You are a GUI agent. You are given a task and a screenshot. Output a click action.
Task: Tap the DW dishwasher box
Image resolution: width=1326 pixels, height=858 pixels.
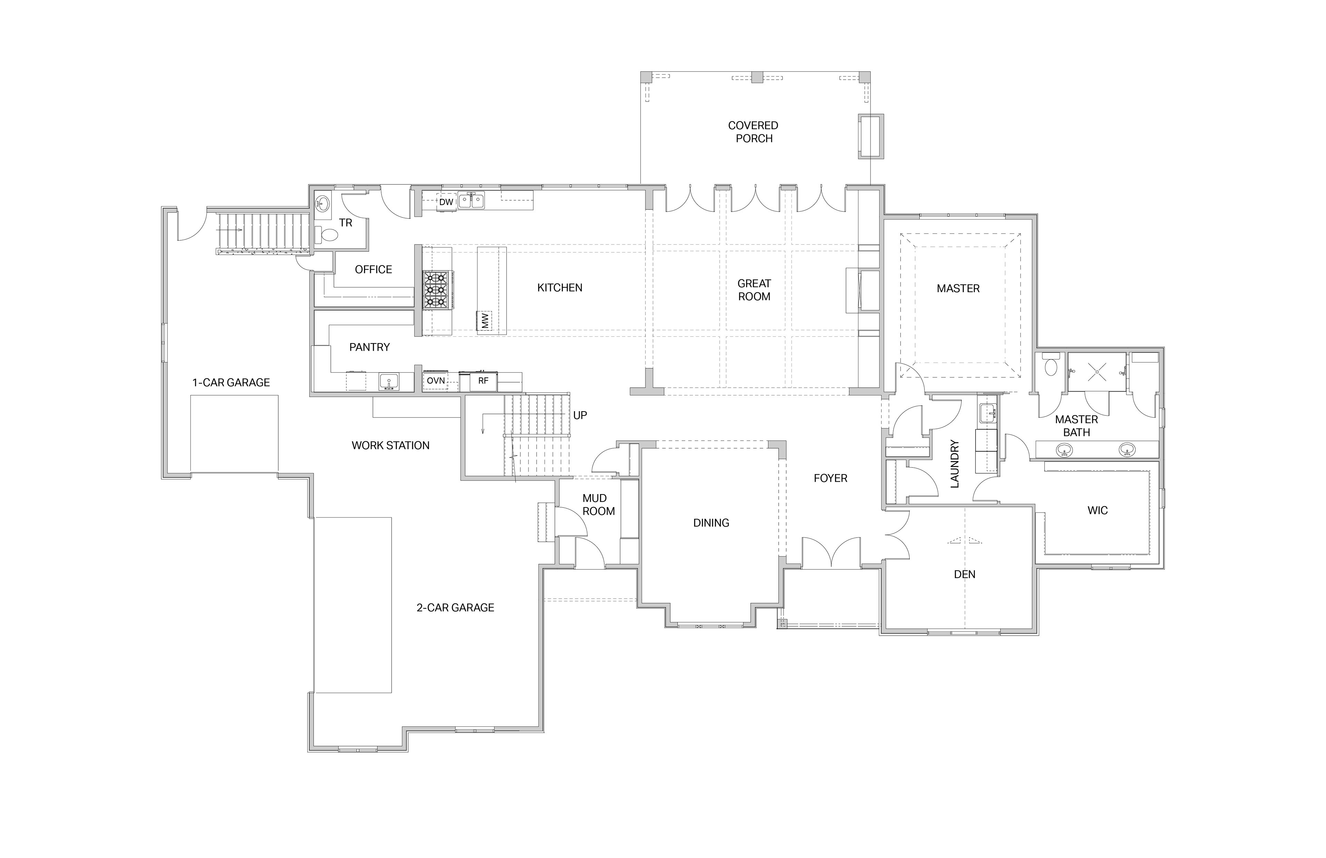coord(446,202)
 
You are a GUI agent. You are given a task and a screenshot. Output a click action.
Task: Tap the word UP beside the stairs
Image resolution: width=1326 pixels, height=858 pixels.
coord(580,415)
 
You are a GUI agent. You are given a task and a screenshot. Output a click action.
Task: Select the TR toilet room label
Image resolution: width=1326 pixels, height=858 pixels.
coord(345,223)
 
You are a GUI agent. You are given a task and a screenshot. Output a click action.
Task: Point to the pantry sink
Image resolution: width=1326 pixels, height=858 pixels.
coord(389,382)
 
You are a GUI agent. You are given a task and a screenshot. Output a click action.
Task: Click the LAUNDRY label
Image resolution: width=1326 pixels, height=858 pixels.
coord(954,464)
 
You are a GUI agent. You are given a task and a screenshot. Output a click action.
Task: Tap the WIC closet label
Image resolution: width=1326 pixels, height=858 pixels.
coord(1097,510)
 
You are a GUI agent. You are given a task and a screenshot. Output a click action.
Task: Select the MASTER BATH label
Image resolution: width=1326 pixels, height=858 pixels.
coord(1076,426)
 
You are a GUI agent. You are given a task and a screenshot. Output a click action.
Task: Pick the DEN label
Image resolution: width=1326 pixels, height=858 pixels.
coord(964,575)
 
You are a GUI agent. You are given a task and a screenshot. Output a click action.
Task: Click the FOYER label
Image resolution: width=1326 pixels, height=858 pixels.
coord(830,478)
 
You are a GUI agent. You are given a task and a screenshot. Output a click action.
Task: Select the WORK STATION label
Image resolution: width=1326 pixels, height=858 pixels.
coord(391,445)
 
